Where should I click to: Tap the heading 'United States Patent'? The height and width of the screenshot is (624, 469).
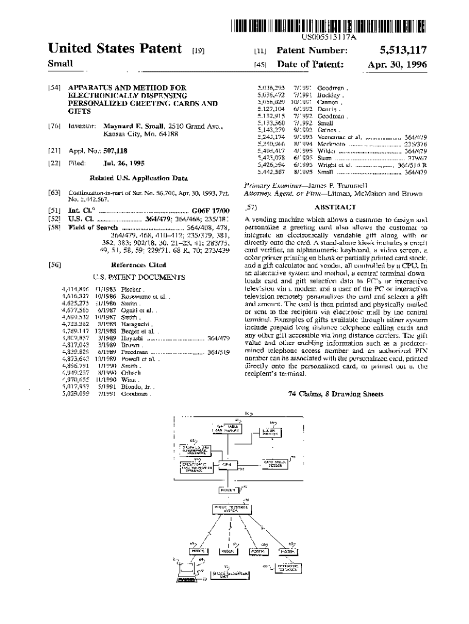point(115,49)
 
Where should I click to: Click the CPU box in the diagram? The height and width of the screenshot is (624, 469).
point(227,465)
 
